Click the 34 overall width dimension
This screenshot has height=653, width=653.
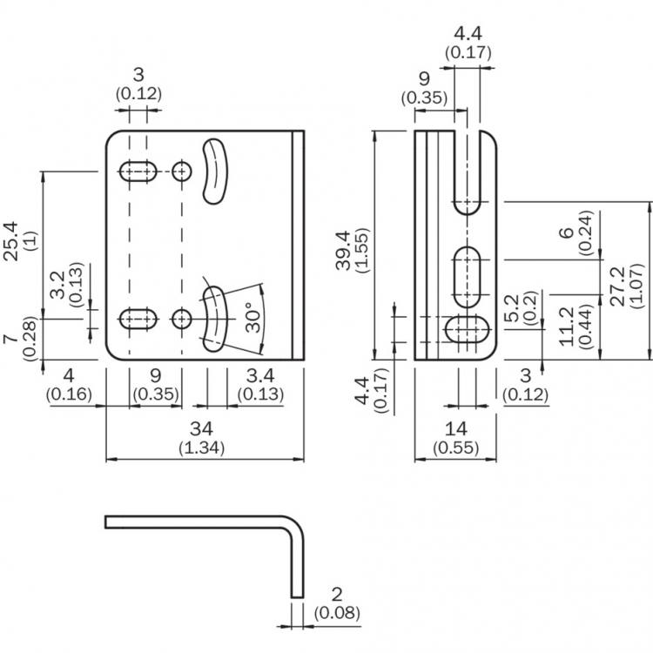[202, 429]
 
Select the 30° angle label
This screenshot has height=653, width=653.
[252, 317]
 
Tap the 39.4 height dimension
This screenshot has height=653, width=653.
[344, 250]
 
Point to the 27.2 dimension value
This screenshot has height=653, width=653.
[618, 286]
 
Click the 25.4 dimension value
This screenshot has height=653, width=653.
[11, 241]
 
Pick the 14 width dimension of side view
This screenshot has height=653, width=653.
[456, 429]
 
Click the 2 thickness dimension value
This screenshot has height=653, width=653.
[337, 595]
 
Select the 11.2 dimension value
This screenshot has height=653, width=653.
[567, 326]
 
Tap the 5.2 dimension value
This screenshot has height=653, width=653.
[512, 308]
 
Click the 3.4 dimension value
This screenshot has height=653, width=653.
[260, 375]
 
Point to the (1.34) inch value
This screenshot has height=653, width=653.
[202, 448]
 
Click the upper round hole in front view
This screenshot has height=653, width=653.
[182, 172]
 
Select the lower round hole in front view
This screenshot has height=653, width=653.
[182, 320]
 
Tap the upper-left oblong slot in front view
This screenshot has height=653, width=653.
[138, 172]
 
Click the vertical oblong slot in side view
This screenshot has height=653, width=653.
[467, 278]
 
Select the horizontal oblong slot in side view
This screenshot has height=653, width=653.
[467, 329]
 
